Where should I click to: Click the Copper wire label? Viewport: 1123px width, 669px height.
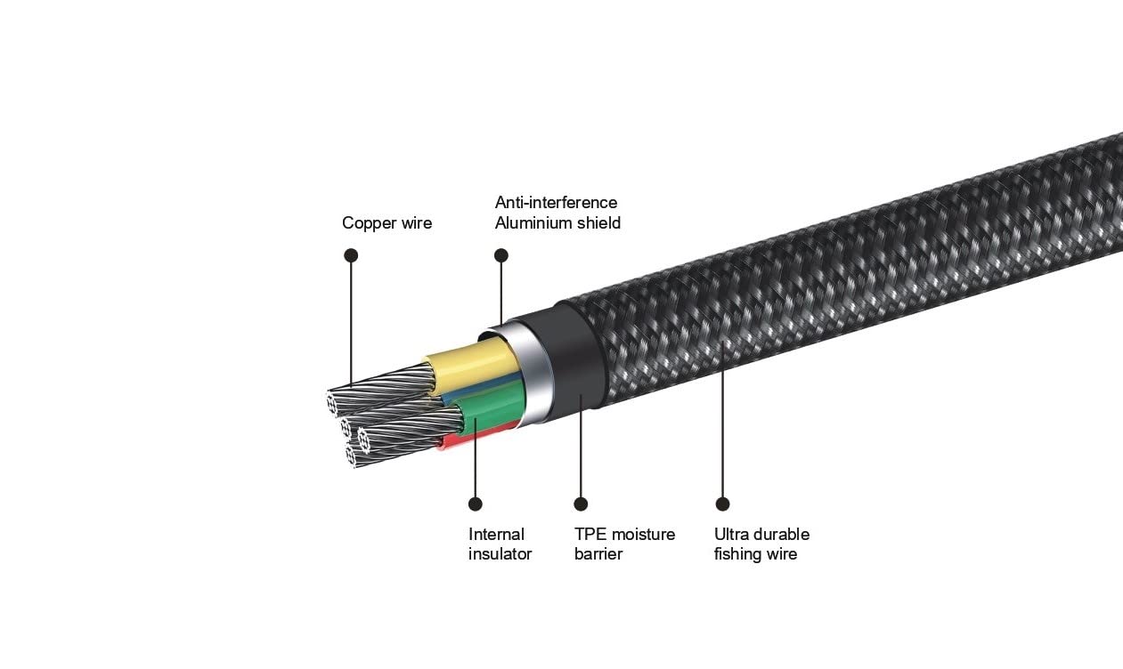(x=387, y=223)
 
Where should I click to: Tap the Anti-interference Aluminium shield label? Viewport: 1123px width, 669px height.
(x=557, y=213)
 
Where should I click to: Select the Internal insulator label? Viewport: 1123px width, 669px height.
(x=500, y=544)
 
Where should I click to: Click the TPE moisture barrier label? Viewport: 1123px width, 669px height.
(x=624, y=544)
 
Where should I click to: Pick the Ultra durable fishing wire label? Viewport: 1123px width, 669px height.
(x=761, y=544)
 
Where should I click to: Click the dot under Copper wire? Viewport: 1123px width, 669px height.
(x=351, y=255)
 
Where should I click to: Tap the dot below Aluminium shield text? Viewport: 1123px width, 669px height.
(x=501, y=255)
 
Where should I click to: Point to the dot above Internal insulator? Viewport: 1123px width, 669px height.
(x=475, y=504)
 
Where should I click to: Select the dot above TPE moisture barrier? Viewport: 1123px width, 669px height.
(x=581, y=504)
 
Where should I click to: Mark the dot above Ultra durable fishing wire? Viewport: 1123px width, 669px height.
(x=722, y=504)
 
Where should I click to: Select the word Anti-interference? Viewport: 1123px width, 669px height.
(x=556, y=203)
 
